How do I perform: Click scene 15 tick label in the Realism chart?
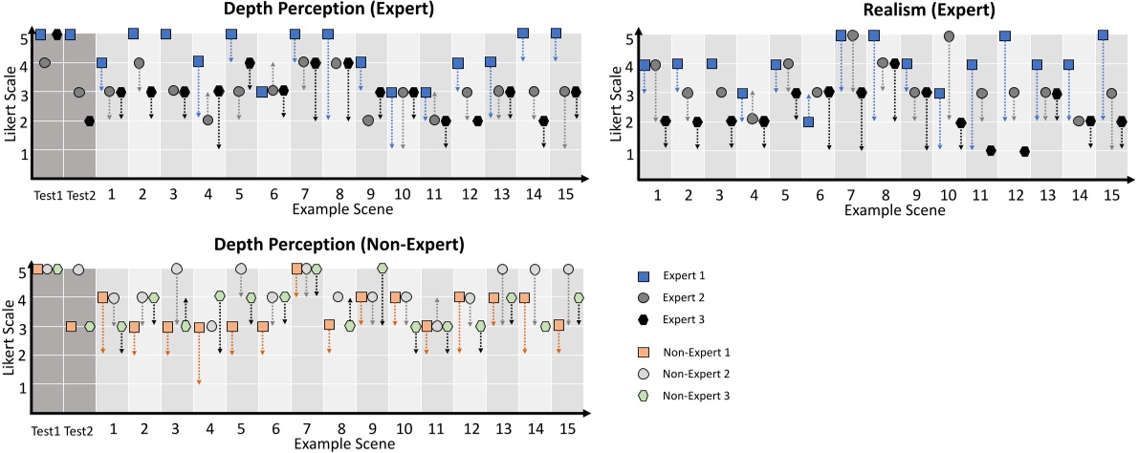click(x=1109, y=194)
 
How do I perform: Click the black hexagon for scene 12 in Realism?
click(x=1025, y=151)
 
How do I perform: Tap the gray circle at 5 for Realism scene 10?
click(x=949, y=36)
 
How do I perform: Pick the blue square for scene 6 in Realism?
click(x=809, y=121)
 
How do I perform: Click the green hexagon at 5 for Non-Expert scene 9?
click(x=383, y=269)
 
